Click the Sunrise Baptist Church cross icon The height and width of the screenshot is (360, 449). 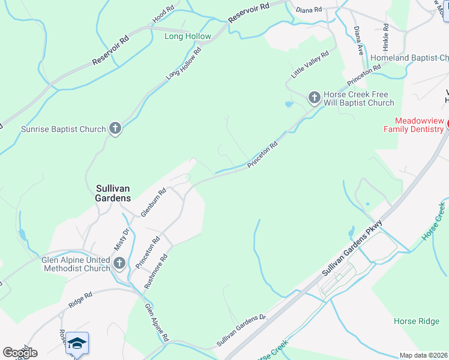pos(116,128)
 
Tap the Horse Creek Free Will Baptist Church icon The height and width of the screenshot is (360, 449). pos(314,97)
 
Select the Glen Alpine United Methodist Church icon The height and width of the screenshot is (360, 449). pos(119,263)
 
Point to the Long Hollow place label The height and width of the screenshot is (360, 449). pos(188,36)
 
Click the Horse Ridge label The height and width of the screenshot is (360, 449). pos(417,321)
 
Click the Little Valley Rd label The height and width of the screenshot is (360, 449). pos(310,64)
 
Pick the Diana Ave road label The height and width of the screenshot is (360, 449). pos(358,41)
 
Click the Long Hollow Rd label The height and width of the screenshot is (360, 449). pos(184,64)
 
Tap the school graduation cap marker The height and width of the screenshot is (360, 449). pos(77,343)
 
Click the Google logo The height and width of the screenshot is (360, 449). pos(20,352)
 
